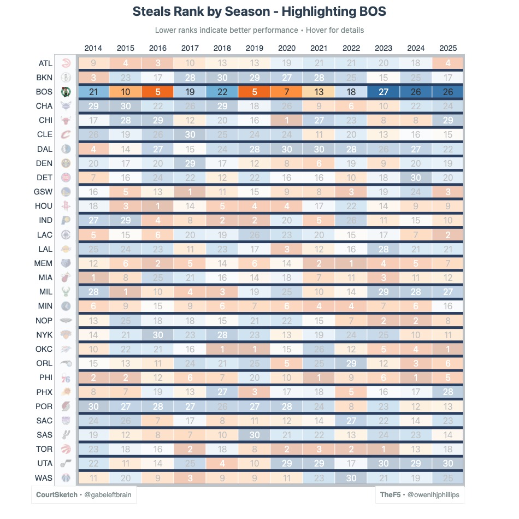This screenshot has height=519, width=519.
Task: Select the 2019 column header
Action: [x=255, y=48]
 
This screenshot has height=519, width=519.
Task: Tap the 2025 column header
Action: [x=447, y=48]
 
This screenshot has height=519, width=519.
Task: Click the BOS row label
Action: [x=44, y=92]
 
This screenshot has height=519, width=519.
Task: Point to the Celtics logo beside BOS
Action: [x=66, y=92]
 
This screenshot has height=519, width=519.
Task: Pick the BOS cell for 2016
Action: [x=158, y=92]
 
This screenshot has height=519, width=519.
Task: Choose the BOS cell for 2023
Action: [x=383, y=92]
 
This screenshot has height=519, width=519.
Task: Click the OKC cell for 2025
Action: [x=447, y=349]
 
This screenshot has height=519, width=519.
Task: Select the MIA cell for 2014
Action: [x=93, y=278]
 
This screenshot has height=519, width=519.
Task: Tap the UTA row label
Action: [x=44, y=463]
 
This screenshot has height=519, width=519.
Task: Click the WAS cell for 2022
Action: [x=351, y=477]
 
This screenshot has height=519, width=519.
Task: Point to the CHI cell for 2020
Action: [x=287, y=120]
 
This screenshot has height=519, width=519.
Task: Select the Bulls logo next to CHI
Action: [x=66, y=120]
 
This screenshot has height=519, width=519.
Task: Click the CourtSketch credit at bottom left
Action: [x=57, y=495]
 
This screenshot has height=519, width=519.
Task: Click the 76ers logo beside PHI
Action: [x=66, y=378]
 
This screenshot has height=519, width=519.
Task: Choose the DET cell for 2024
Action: [x=415, y=178]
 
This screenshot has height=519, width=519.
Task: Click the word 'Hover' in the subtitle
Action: [x=317, y=30]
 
